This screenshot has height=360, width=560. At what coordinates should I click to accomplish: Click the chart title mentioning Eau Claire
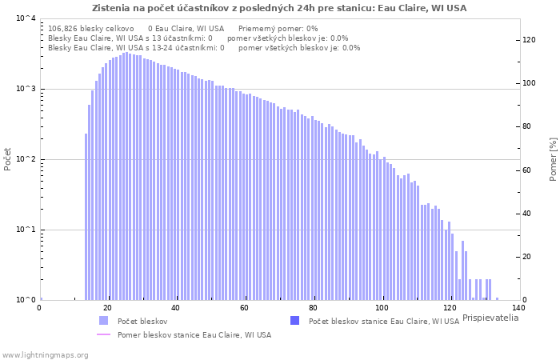(x=279, y=8)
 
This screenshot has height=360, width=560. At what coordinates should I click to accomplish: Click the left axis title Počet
(x=7, y=159)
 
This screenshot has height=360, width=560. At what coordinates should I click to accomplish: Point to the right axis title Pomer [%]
(x=554, y=159)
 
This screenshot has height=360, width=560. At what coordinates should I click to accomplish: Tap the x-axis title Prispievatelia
(x=490, y=318)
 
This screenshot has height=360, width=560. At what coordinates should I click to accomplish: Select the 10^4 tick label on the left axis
(x=26, y=18)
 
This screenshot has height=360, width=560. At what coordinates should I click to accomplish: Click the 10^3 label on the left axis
(x=26, y=89)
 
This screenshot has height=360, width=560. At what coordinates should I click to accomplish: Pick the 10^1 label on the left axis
(x=26, y=230)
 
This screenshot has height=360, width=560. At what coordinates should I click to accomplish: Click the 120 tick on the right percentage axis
(x=529, y=40)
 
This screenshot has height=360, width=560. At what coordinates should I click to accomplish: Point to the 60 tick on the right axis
(x=526, y=170)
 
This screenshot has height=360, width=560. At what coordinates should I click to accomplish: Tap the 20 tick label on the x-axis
(x=107, y=308)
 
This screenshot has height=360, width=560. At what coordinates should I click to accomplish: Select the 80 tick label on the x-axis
(x=314, y=308)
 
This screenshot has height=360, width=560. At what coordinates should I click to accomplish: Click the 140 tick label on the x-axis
(x=518, y=308)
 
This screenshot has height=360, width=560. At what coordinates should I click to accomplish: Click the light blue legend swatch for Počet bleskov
(x=103, y=320)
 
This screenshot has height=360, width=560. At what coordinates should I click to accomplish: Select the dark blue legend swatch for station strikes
(x=295, y=320)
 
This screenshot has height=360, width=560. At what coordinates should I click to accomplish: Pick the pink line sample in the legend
(x=103, y=334)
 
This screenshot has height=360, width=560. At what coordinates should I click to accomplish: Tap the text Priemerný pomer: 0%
(x=278, y=29)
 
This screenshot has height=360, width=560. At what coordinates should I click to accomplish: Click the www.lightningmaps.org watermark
(x=45, y=355)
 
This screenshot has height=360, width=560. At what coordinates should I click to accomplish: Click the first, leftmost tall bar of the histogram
(x=86, y=217)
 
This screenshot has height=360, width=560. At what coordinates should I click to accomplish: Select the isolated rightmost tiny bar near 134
(x=497, y=299)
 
